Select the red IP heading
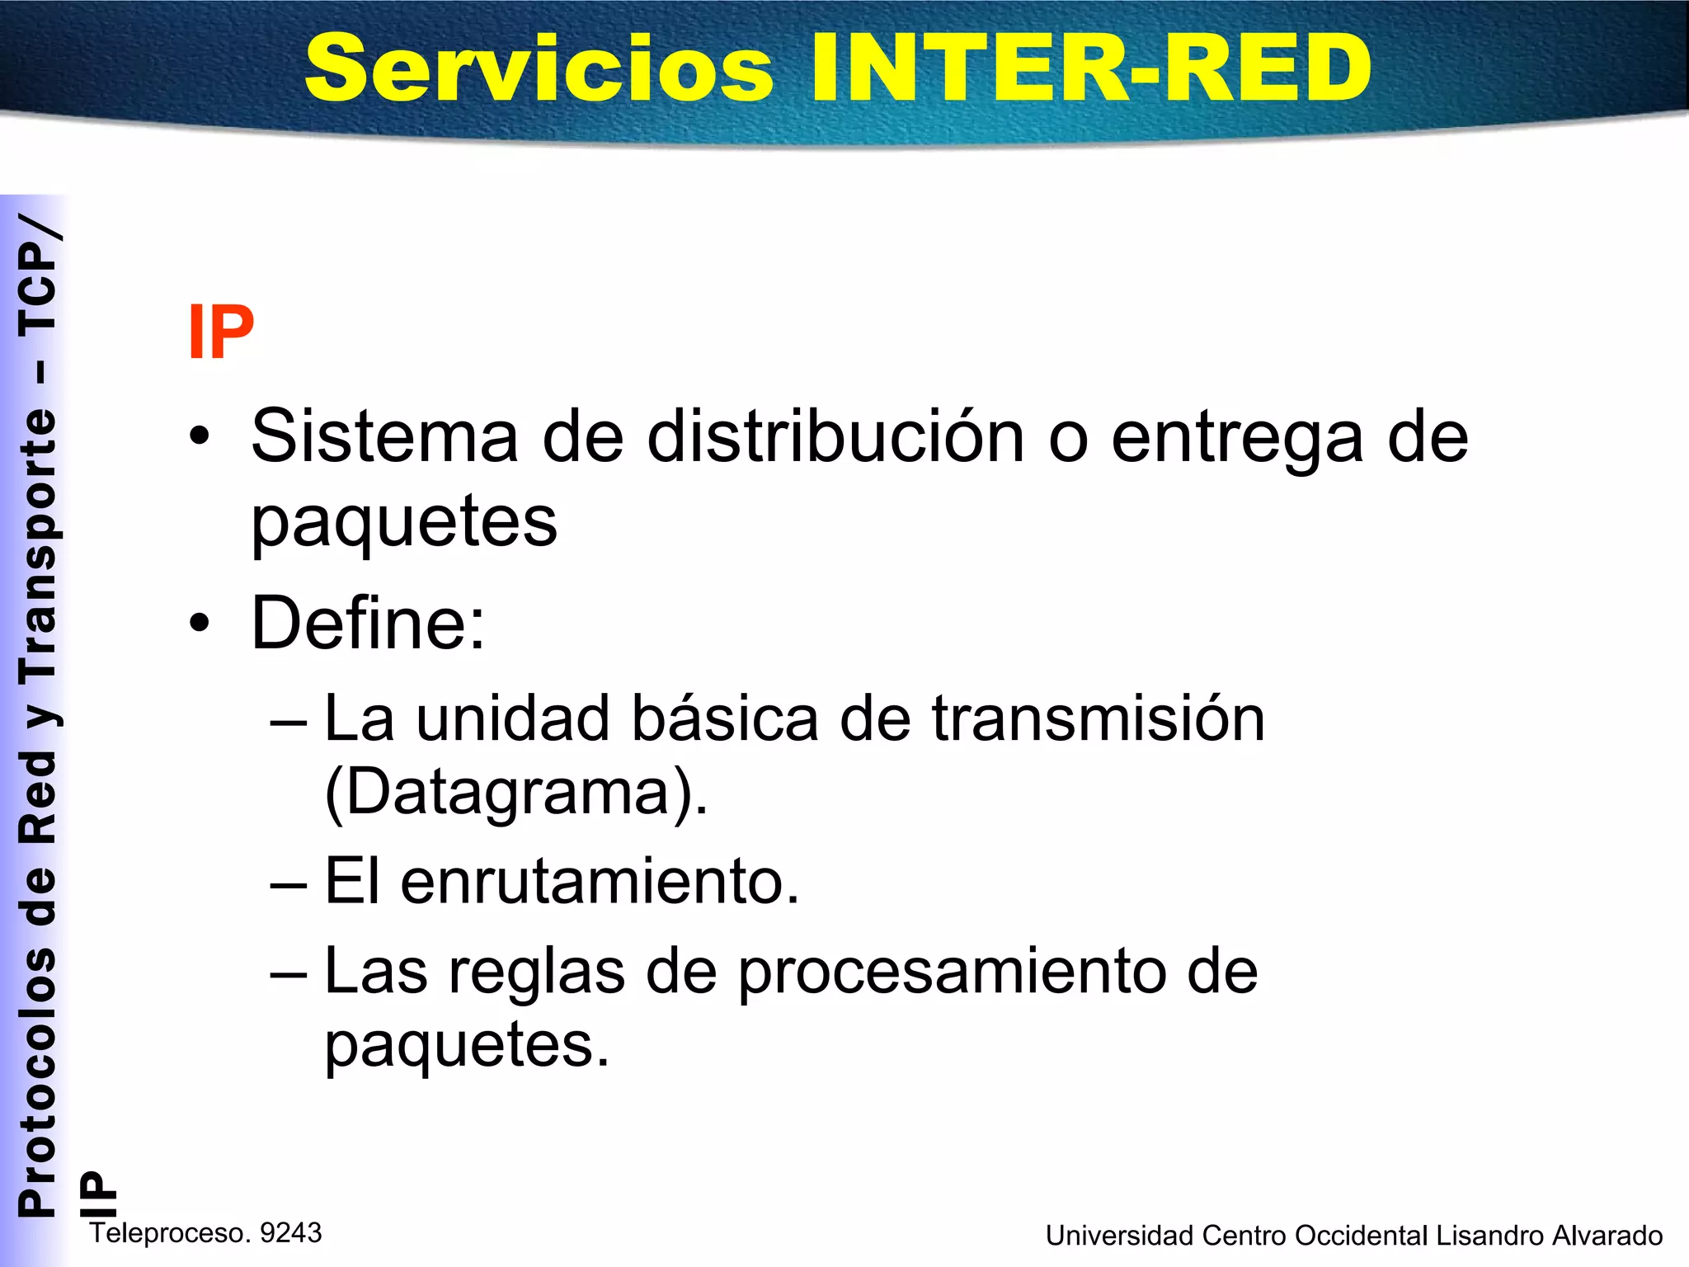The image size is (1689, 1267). [x=220, y=332]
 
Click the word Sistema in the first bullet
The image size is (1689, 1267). [x=385, y=436]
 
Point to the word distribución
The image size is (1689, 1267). [x=835, y=436]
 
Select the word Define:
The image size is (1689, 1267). [x=368, y=623]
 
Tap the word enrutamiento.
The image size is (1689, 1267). [x=600, y=882]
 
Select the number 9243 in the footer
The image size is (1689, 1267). [x=290, y=1233]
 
